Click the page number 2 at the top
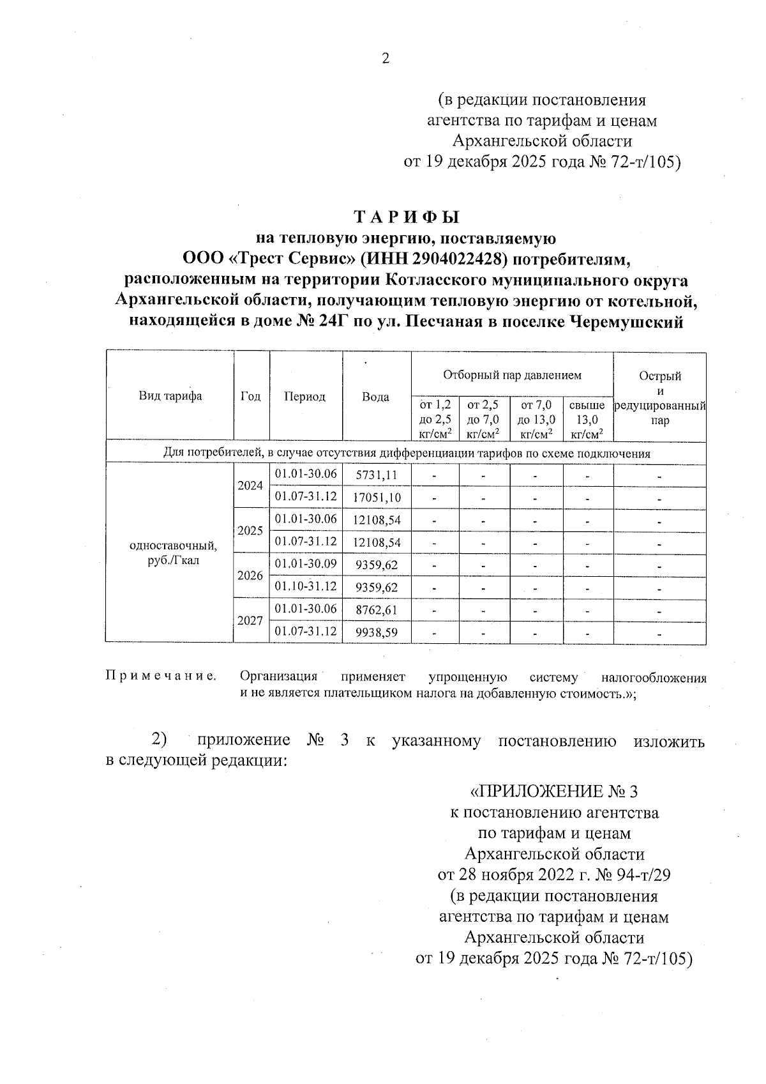[385, 59]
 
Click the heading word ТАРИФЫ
[407, 217]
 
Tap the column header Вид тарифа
[170, 396]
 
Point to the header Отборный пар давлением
[512, 375]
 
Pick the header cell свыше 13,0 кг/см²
[587, 420]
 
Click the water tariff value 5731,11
[377, 475]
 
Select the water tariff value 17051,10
[377, 497]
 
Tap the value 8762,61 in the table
[377, 610]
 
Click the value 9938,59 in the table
[377, 632]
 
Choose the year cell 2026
[250, 576]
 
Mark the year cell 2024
[250, 485]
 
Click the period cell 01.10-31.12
[306, 586]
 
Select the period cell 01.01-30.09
[306, 563]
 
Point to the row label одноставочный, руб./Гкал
[173, 553]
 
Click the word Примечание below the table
[160, 676]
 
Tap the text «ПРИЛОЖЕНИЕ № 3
[553, 792]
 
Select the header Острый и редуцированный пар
[660, 398]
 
